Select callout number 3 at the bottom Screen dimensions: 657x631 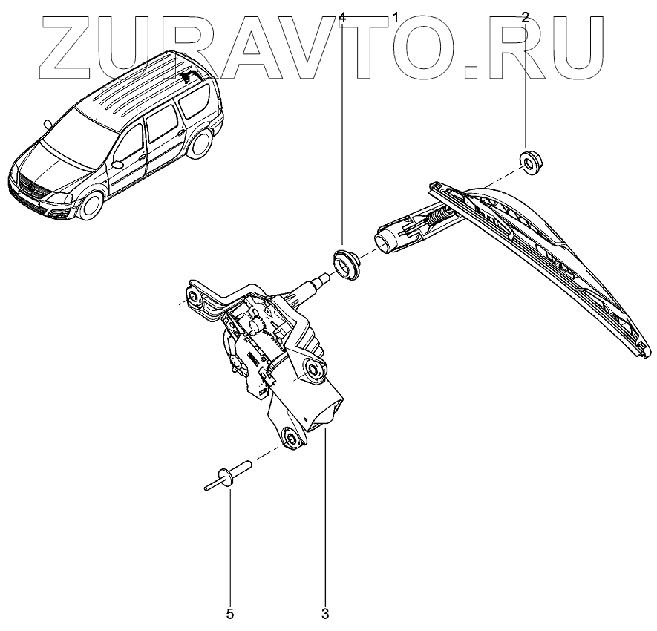tap(324, 613)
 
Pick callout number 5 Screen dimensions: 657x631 tap(229, 613)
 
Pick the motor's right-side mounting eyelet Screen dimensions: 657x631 tap(313, 369)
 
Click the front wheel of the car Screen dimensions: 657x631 tap(91, 204)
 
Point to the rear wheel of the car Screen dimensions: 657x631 tap(200, 143)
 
